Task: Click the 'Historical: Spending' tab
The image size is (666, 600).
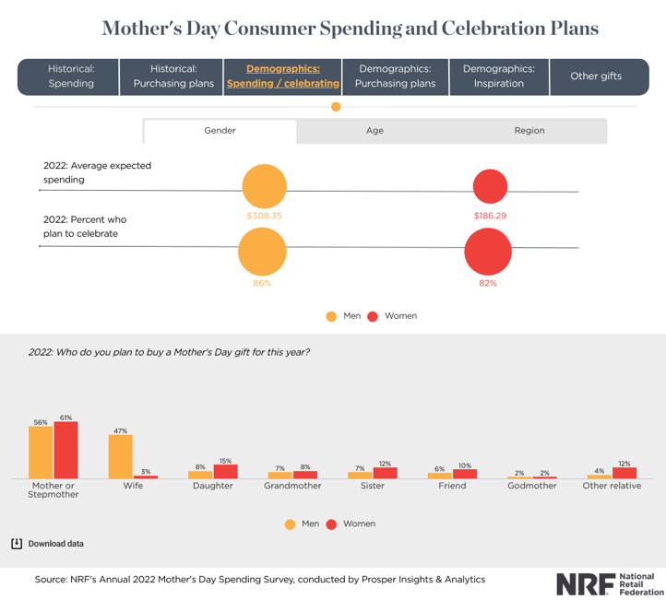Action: click(71, 76)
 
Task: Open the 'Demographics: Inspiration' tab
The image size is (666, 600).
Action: click(498, 76)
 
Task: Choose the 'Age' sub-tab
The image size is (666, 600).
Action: click(375, 131)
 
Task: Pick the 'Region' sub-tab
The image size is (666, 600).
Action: click(529, 131)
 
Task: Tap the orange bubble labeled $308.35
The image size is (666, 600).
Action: click(264, 187)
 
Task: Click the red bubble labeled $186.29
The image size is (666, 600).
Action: click(490, 187)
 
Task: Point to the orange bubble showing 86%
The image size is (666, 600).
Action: click(262, 252)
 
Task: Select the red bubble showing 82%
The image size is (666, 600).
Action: click(488, 252)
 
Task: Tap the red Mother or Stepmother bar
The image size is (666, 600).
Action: click(65, 450)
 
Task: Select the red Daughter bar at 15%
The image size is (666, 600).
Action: click(226, 471)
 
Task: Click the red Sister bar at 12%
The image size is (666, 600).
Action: click(386, 473)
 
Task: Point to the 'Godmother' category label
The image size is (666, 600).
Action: click(532, 486)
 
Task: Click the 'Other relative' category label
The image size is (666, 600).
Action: click(612, 486)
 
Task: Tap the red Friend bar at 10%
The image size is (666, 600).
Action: click(465, 474)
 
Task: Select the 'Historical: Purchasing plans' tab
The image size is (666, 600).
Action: click(174, 76)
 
